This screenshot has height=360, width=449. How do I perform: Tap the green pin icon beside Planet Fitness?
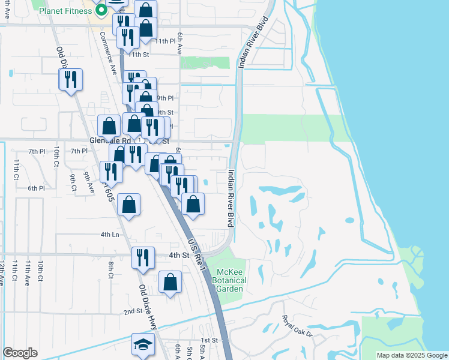(x=100, y=10)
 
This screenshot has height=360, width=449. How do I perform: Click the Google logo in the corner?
(x=20, y=353)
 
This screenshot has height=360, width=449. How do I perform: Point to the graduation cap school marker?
(x=143, y=344)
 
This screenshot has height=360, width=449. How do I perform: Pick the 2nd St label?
(x=133, y=311)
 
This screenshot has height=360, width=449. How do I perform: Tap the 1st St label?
(x=208, y=340)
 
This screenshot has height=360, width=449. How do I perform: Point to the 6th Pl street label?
(x=36, y=188)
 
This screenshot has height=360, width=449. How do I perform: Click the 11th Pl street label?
(x=163, y=41)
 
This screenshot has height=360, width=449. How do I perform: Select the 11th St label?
(x=139, y=55)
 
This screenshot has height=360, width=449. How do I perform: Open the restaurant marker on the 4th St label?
(x=143, y=257)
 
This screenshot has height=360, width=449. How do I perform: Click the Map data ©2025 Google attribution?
(x=412, y=355)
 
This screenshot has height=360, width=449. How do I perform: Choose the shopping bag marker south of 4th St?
(x=170, y=282)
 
